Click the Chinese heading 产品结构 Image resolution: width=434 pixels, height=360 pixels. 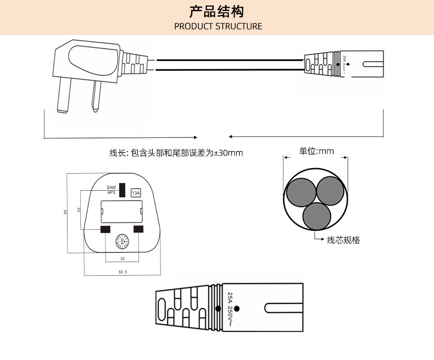pyautogui.click(x=216, y=11)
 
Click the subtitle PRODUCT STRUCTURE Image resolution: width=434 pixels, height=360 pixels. pyautogui.click(x=218, y=26)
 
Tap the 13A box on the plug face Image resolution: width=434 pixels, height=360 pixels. pyautogui.click(x=136, y=192)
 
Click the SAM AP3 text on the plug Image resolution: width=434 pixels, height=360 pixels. pyautogui.click(x=111, y=190)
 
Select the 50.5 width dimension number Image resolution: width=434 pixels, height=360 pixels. pyautogui.click(x=123, y=272)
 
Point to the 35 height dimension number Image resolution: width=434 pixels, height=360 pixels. pyautogui.click(x=65, y=213)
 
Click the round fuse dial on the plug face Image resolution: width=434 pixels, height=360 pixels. pyautogui.click(x=122, y=242)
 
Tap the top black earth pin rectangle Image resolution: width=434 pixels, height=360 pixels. pyautogui.click(x=123, y=190)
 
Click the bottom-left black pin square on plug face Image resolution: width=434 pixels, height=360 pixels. pyautogui.click(x=105, y=229)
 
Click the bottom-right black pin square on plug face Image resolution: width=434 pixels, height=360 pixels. pyautogui.click(x=138, y=229)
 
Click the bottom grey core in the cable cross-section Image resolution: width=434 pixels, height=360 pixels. pyautogui.click(x=316, y=216)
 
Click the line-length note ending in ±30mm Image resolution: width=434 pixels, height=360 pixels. pyautogui.click(x=176, y=153)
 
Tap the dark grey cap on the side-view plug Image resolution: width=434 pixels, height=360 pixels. pyautogui.click(x=92, y=60)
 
